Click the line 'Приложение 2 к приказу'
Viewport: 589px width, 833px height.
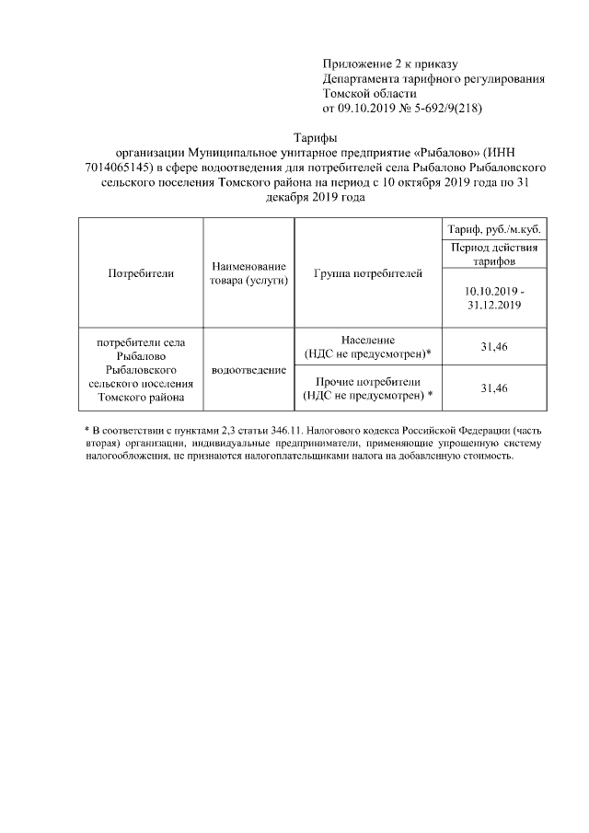pos(389,64)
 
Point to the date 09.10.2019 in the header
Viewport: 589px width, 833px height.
pos(367,108)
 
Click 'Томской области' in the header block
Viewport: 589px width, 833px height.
pos(369,93)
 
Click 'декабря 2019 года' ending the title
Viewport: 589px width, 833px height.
pos(308,197)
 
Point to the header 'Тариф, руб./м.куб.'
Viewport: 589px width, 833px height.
pos(493,229)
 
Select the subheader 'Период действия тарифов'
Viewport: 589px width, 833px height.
pos(493,254)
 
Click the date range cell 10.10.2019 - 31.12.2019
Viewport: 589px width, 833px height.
pos(493,296)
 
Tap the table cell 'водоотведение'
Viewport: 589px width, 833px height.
pos(248,369)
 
